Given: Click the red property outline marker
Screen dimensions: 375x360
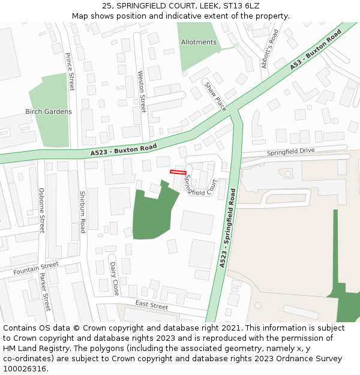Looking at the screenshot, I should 178,172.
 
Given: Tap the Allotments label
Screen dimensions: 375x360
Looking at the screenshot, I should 199,42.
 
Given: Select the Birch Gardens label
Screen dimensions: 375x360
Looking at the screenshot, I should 49,112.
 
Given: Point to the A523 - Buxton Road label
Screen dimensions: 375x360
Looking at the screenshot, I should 124,150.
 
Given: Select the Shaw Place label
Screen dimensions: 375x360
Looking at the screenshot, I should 215,97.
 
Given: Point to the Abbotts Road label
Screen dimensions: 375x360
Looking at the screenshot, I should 270,49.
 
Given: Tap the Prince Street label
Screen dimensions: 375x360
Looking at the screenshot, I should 70,71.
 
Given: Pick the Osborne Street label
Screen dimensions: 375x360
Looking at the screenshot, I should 41,210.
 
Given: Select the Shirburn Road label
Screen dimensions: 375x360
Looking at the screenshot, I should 82,212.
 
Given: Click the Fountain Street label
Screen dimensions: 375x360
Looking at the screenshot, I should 37,268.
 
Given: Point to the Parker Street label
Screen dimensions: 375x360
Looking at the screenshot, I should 44,292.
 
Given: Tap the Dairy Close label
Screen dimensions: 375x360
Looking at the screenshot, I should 114,278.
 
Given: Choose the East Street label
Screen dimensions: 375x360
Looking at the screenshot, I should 151,305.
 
